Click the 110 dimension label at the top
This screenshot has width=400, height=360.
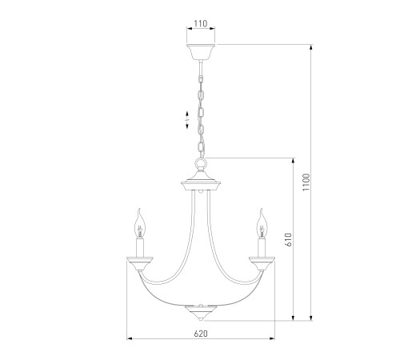point(201,23)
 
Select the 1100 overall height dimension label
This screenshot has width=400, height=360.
point(306,182)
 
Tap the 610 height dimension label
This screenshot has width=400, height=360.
point(289,239)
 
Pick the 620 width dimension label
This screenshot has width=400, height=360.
point(201,334)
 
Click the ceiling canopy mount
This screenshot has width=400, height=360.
point(201,52)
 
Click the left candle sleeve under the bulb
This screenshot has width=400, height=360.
point(140,248)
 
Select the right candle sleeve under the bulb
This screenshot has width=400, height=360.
point(262,248)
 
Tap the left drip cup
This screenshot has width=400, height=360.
point(140,263)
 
